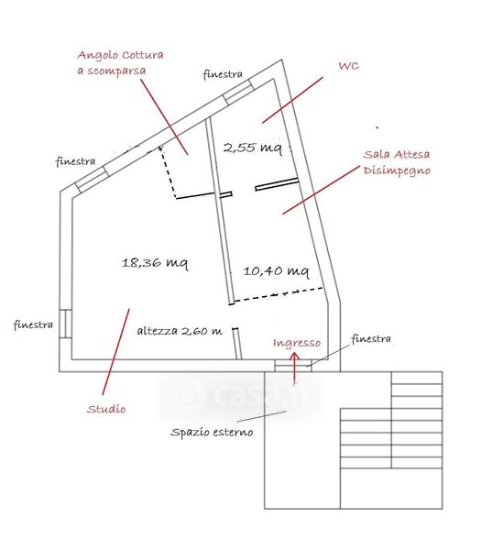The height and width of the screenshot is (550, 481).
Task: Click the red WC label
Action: point(349,66)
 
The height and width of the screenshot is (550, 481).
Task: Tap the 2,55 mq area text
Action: point(253,148)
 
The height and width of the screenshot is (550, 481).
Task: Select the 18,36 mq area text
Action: point(155,263)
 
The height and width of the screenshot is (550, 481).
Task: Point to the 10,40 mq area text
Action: point(277,271)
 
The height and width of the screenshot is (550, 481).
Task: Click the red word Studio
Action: point(106,409)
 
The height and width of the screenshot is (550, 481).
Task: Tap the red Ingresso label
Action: point(297,343)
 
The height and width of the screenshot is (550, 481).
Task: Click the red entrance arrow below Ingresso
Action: point(294,368)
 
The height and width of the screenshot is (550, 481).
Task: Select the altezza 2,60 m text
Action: point(180,331)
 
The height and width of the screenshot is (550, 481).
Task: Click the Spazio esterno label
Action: point(212,432)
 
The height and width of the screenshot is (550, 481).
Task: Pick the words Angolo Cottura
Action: point(120,55)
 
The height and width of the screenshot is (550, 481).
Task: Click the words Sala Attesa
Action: point(397,154)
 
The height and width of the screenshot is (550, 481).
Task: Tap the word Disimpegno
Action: point(397,170)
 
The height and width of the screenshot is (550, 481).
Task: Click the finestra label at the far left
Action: point(33,324)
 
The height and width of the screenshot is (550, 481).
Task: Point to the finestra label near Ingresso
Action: point(371,339)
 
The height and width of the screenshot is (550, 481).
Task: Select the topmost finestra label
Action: point(223,74)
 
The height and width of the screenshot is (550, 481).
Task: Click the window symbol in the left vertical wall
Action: point(65,324)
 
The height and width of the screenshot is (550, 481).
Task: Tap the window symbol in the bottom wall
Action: point(293,366)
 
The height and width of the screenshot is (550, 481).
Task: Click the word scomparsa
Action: point(116,71)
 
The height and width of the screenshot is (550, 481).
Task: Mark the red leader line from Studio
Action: point(115,352)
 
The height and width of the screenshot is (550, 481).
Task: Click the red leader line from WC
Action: point(292,100)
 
